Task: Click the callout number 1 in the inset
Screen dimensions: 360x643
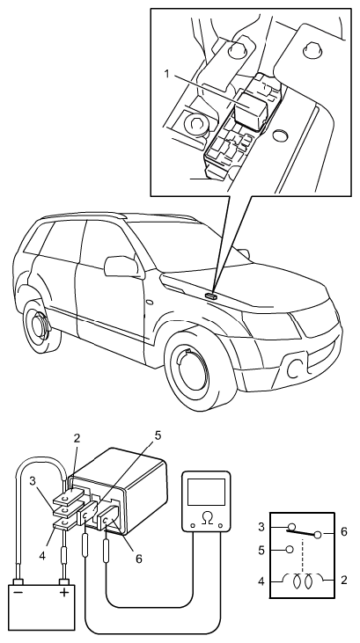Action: coord(166,75)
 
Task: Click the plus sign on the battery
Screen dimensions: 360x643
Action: coord(64,593)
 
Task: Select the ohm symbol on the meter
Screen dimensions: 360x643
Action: coord(206,519)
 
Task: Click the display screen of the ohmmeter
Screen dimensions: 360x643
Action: coord(206,492)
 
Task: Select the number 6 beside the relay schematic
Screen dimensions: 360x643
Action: coord(344,532)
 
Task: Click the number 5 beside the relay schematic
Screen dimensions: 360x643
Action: coord(261,550)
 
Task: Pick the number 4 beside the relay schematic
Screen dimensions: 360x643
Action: coord(261,581)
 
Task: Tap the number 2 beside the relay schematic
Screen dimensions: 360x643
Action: coord(344,580)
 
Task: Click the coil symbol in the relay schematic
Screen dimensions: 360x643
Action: coord(302,581)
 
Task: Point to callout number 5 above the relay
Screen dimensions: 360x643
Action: coord(158,435)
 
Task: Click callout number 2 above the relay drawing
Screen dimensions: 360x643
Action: coord(77,438)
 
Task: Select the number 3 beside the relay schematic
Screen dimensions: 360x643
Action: coord(261,527)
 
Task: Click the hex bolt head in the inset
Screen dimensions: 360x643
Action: coord(195,123)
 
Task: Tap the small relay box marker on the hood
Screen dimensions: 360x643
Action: coord(210,295)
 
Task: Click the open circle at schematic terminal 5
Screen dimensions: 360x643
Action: coord(290,549)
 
